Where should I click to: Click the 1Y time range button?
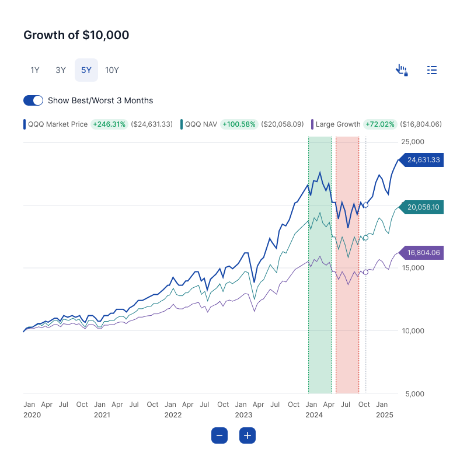click(35, 70)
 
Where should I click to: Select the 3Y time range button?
click(61, 70)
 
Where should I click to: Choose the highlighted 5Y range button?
click(86, 70)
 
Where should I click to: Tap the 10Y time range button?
click(112, 70)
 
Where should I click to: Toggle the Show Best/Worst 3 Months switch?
click(33, 100)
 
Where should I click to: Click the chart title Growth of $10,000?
click(76, 35)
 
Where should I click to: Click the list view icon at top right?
click(432, 70)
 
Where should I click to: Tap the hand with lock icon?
click(402, 70)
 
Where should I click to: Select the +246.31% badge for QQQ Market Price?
click(109, 124)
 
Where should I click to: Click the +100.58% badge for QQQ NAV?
click(239, 124)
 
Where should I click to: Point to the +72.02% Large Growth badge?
click(379, 124)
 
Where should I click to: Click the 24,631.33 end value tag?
click(423, 159)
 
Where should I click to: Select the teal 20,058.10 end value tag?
click(423, 207)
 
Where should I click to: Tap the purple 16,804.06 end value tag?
click(423, 253)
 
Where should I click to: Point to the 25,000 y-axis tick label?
click(413, 142)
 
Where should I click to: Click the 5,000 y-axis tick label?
click(414, 393)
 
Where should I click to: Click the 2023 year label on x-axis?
click(243, 415)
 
